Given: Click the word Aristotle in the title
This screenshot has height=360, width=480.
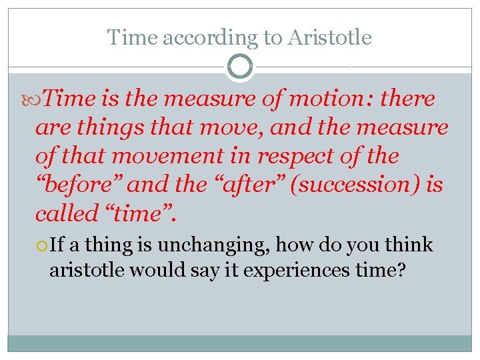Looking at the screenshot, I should tap(330, 37).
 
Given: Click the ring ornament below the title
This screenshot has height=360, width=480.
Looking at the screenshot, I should tap(240, 67).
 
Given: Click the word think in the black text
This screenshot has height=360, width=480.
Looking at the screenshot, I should tap(410, 246).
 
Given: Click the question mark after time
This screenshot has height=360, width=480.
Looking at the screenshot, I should tap(400, 270).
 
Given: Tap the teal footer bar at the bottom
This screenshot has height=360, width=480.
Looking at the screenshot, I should tap(240, 343).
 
